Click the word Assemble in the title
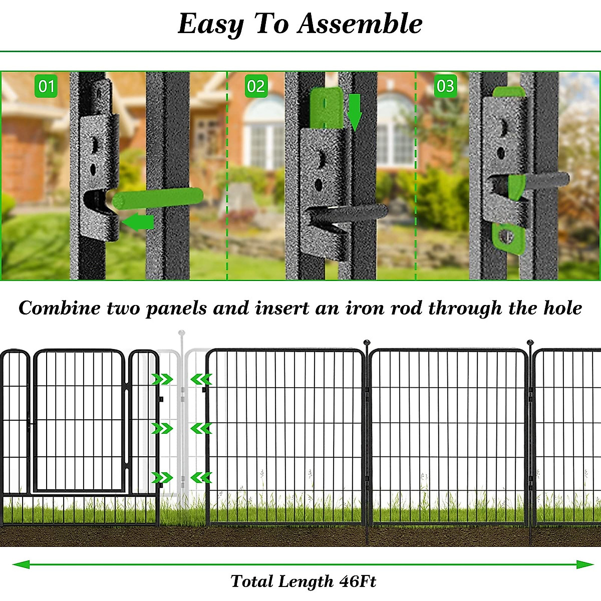click(x=361, y=24)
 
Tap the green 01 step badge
click(x=46, y=86)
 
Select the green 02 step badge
click(x=256, y=86)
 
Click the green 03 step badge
click(x=445, y=86)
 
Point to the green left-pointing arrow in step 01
click(x=138, y=221)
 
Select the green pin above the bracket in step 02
click(x=325, y=109)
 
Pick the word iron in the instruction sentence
click(x=365, y=308)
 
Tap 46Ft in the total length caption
click(x=357, y=581)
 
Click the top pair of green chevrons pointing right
click(x=162, y=379)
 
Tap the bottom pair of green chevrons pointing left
click(x=201, y=477)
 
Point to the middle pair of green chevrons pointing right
click(x=162, y=428)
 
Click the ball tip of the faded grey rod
click(x=182, y=333)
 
